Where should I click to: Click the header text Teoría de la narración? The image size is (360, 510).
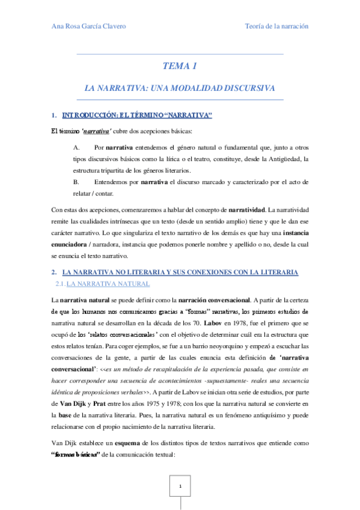pyautogui.click(x=276, y=26)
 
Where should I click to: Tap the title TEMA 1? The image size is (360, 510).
pyautogui.click(x=180, y=66)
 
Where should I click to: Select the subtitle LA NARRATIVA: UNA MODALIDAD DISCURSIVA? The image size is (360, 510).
pyautogui.click(x=180, y=88)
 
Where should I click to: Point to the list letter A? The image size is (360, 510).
pyautogui.click(x=76, y=147)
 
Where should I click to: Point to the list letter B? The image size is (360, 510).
pyautogui.click(x=76, y=181)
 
